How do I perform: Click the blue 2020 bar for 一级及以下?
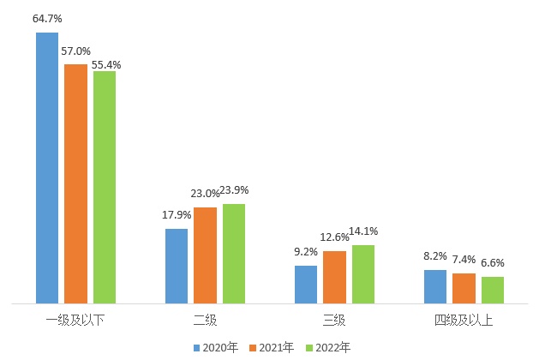coord(47,168)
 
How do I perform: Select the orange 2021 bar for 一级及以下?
coord(75,183)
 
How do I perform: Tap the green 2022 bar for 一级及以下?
coord(105,187)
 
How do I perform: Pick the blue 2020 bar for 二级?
coord(177,266)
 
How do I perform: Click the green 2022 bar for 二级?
coord(234,254)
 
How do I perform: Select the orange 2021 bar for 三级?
coord(334,277)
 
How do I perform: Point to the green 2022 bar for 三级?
coord(363,274)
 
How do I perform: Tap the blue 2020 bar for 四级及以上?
coord(435,286)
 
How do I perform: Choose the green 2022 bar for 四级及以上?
coord(493,290)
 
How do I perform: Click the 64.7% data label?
coord(47,17)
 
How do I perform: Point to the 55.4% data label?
coord(107,63)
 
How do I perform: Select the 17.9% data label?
coord(177,214)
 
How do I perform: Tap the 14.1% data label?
coord(364,231)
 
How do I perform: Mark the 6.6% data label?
coord(493,262)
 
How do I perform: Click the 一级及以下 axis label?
coord(75,321)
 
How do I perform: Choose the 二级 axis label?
coord(205,321)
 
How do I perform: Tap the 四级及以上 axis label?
coord(464,321)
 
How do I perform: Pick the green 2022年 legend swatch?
coord(309,347)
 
